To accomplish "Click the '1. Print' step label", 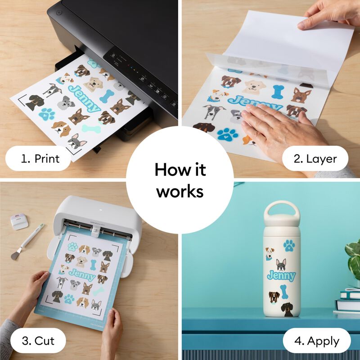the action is (40, 159).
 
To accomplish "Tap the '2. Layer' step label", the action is (315, 159).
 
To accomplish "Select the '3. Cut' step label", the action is (38, 341).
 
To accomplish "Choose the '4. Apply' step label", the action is (317, 341).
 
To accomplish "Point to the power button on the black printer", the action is (59, 13).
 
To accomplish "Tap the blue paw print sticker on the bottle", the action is (289, 246).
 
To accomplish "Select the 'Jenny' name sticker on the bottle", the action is (281, 276).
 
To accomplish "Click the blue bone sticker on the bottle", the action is (284, 292).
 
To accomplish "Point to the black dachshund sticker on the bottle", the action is (287, 309).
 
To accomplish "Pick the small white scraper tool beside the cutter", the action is (19, 221).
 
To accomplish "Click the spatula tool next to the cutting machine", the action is (27, 242).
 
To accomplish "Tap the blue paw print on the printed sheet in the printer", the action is (47, 114).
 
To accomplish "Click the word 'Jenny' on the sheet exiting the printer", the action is (84, 99).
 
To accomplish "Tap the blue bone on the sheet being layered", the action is (278, 92).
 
